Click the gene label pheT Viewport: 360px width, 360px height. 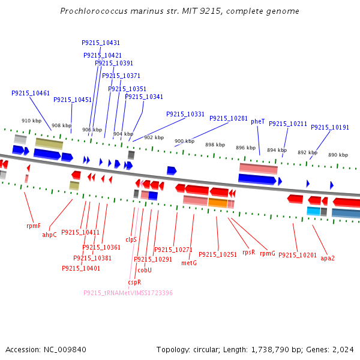(257, 121)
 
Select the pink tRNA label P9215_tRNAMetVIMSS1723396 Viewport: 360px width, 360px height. (128, 293)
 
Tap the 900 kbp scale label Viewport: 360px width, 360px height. (184, 141)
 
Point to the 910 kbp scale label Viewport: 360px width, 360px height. (31, 121)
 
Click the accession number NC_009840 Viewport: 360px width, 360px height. (65, 350)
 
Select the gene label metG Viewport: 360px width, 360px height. (189, 263)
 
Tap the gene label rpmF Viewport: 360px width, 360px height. (34, 226)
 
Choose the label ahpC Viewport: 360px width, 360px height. (49, 235)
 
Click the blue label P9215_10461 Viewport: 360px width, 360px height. (31, 93)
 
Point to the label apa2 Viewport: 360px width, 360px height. (328, 258)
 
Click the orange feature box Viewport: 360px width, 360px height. (218, 203)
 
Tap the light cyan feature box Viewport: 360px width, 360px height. (313, 211)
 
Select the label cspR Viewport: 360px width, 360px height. (134, 282)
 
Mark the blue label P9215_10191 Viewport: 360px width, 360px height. (330, 127)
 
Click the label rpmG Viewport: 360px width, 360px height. (268, 253)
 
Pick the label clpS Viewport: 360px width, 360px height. (131, 239)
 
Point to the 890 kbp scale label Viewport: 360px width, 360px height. (338, 155)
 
